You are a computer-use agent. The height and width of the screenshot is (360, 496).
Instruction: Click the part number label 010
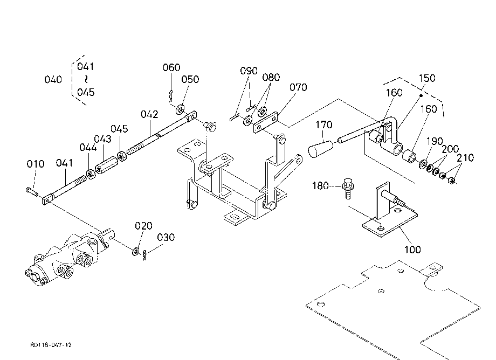[x=36, y=164]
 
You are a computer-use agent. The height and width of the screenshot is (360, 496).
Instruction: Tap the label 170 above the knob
[x=324, y=125]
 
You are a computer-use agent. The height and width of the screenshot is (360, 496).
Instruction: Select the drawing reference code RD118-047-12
[x=51, y=345]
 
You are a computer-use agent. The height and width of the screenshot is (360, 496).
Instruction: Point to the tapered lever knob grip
[x=321, y=149]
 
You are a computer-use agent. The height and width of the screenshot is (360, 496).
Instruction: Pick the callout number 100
[x=412, y=250]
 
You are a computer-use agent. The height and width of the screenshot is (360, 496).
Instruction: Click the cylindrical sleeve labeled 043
[x=107, y=165]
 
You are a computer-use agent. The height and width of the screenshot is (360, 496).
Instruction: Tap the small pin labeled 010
[x=32, y=191]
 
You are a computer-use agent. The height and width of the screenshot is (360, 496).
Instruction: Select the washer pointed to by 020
[x=136, y=251]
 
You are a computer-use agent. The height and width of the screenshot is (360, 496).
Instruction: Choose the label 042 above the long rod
[x=149, y=114]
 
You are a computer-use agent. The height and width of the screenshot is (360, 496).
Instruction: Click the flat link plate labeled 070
[x=265, y=122]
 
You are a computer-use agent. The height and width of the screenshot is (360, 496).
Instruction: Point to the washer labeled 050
[x=180, y=109]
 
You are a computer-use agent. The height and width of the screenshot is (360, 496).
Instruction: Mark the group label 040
[x=53, y=80]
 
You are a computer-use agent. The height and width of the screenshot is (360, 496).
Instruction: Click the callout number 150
[x=427, y=78]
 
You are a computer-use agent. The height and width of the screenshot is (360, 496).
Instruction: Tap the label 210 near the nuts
[x=465, y=158]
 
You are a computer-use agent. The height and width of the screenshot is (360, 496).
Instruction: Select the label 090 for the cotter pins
[x=249, y=71]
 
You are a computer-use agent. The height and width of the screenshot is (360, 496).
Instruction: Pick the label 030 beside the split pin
[x=166, y=237]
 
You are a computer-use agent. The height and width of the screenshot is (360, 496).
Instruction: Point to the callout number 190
[x=435, y=141]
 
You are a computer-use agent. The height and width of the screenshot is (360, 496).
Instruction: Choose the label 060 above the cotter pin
[x=171, y=67]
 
